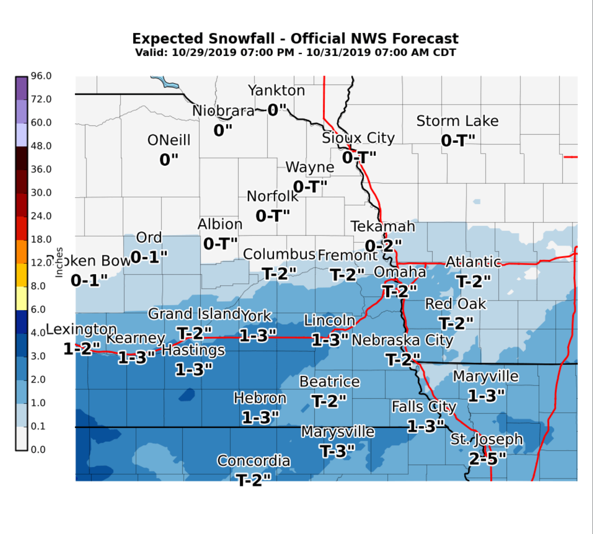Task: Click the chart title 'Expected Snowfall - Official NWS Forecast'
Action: tap(295, 39)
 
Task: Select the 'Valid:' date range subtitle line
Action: tap(295, 53)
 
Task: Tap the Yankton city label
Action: tap(276, 90)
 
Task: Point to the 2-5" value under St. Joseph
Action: tap(487, 458)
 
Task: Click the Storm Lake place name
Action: tap(457, 121)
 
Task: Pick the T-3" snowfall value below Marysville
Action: tap(338, 451)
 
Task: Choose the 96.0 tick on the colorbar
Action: tap(41, 76)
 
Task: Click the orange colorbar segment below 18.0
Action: tap(22, 252)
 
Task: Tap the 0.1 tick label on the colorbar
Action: tap(38, 426)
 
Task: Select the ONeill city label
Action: tap(169, 140)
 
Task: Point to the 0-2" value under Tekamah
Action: tap(383, 246)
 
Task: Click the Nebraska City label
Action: tap(402, 340)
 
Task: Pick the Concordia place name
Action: tap(254, 461)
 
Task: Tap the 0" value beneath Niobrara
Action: tap(223, 130)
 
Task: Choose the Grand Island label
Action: tap(194, 314)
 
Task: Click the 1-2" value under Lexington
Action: tap(82, 349)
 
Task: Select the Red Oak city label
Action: tap(456, 304)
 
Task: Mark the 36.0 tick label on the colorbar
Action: tap(41, 169)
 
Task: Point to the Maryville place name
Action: tap(485, 376)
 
